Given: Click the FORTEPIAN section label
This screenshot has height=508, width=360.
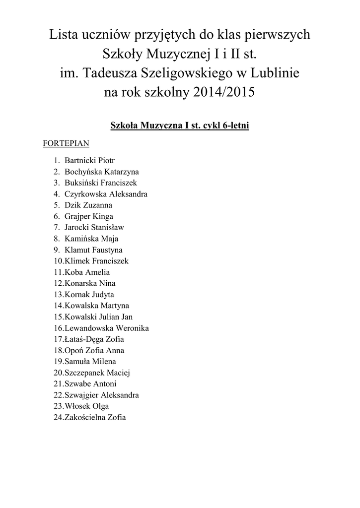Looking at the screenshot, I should (67, 144).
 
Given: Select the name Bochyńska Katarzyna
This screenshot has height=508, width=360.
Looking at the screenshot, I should (101, 172).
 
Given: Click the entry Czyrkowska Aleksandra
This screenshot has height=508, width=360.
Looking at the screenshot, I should (106, 194).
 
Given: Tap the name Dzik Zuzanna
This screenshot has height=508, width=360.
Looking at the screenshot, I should (88, 205).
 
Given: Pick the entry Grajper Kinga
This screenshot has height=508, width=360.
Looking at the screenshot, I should (88, 216).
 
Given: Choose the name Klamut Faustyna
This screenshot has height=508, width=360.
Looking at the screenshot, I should (93, 250).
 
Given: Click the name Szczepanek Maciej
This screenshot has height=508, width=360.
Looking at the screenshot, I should (97, 373).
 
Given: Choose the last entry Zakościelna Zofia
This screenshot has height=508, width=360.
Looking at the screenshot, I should (95, 417).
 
